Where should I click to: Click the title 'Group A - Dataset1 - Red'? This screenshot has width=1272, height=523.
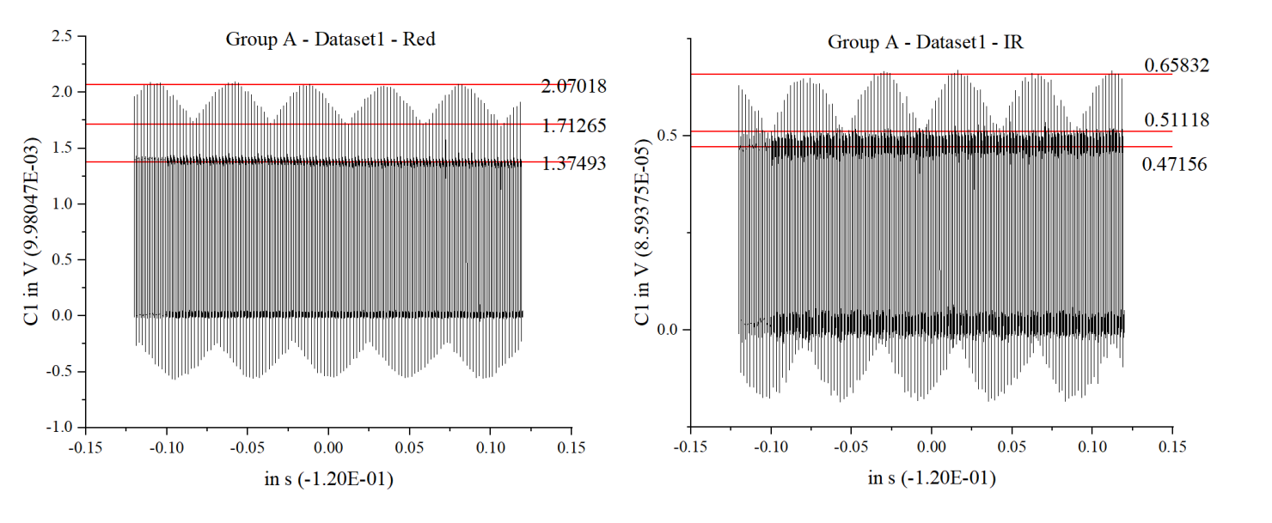point(330,39)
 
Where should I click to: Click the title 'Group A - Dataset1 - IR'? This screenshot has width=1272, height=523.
point(926,41)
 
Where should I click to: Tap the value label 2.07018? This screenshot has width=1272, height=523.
point(574,86)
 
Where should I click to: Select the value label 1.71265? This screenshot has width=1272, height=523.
point(574,126)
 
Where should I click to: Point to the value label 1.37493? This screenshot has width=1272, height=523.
point(574,163)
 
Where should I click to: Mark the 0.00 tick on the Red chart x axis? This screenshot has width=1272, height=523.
point(328,447)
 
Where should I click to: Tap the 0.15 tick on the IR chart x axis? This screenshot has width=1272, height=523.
point(1172,447)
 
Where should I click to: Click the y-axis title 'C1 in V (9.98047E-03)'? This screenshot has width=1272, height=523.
point(32,232)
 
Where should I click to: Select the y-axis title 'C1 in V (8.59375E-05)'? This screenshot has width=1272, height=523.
point(640,232)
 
